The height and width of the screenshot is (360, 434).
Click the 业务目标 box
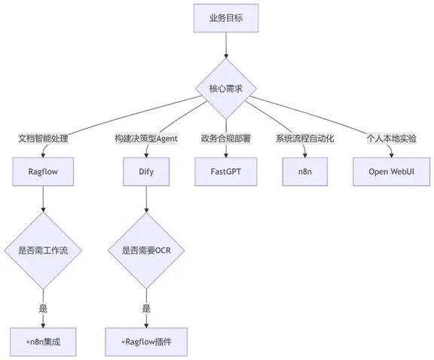(226, 18)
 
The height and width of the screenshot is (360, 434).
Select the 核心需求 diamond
(226, 89)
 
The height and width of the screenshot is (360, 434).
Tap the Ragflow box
(43, 172)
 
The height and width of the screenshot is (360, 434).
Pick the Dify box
(146, 172)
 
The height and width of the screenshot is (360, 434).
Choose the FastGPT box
(226, 172)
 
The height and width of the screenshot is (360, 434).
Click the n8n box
(305, 172)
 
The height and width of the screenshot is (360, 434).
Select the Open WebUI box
(391, 172)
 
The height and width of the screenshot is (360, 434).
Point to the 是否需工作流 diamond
(43, 251)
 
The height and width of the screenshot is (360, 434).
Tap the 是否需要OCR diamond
(146, 251)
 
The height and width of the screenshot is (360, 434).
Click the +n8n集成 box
(43, 342)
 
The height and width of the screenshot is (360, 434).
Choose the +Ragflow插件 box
(146, 342)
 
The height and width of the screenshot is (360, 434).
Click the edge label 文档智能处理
(43, 139)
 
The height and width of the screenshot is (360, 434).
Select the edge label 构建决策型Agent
(146, 139)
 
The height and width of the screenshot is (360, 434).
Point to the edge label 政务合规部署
(226, 139)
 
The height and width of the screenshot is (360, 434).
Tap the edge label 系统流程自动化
(305, 139)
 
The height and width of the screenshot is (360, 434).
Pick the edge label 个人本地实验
(391, 139)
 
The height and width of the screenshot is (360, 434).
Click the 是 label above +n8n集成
(43, 308)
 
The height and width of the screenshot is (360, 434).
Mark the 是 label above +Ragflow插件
(146, 308)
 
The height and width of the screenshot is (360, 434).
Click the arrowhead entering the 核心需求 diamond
(226, 55)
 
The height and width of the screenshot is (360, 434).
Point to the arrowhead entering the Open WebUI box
(391, 154)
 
